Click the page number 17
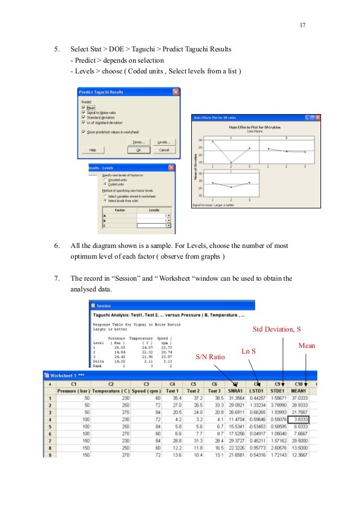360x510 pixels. tap(302, 25)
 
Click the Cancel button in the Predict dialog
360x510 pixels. tap(164, 150)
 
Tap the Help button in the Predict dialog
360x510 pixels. tap(93, 150)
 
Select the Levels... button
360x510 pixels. tap(164, 142)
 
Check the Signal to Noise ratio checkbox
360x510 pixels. tap(84, 112)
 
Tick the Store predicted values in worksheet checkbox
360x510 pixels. tap(84, 132)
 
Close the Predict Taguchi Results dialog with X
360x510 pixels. tap(176, 92)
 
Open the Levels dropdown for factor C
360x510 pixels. tap(168, 225)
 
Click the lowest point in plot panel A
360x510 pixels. tap(231, 163)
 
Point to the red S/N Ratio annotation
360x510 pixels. tap(210, 357)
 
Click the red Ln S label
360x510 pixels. tap(249, 351)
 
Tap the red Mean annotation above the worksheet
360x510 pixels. tap(306, 345)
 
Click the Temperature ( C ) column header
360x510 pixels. tap(111, 390)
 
